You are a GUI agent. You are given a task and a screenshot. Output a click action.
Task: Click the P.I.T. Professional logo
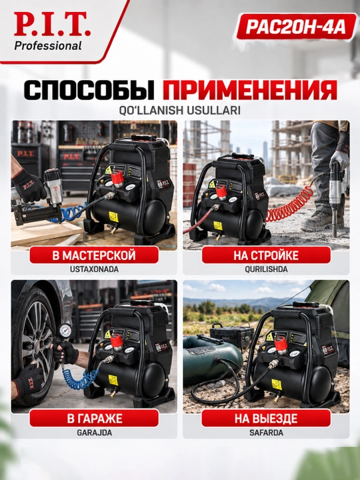(x=52, y=31)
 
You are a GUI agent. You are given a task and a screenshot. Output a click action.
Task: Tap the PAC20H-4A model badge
(x=296, y=27)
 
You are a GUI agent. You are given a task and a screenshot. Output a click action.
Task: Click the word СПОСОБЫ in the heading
(x=90, y=90)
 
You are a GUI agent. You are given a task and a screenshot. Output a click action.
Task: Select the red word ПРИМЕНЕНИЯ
(x=249, y=90)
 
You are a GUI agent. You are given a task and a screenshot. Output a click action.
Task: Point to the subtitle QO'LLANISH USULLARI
(x=180, y=111)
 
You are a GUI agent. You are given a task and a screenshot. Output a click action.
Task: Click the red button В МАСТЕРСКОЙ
(x=94, y=255)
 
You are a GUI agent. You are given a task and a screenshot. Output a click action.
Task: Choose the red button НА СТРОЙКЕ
(x=266, y=255)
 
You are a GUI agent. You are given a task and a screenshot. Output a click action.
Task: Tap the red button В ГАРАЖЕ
(x=94, y=419)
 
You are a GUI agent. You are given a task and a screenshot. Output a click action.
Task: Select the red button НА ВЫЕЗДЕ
(x=266, y=419)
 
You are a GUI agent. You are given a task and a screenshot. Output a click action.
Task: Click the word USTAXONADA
(x=94, y=269)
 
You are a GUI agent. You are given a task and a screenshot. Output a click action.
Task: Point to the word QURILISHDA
(x=266, y=269)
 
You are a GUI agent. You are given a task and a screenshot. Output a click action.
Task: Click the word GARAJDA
(x=94, y=433)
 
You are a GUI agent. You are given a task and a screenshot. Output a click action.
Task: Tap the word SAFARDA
(x=266, y=433)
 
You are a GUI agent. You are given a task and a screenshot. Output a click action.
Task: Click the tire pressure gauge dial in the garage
(x=65, y=331)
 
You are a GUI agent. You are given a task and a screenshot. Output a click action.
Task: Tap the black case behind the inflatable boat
(x=233, y=336)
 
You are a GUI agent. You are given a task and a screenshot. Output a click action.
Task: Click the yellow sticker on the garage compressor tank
(x=113, y=380)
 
